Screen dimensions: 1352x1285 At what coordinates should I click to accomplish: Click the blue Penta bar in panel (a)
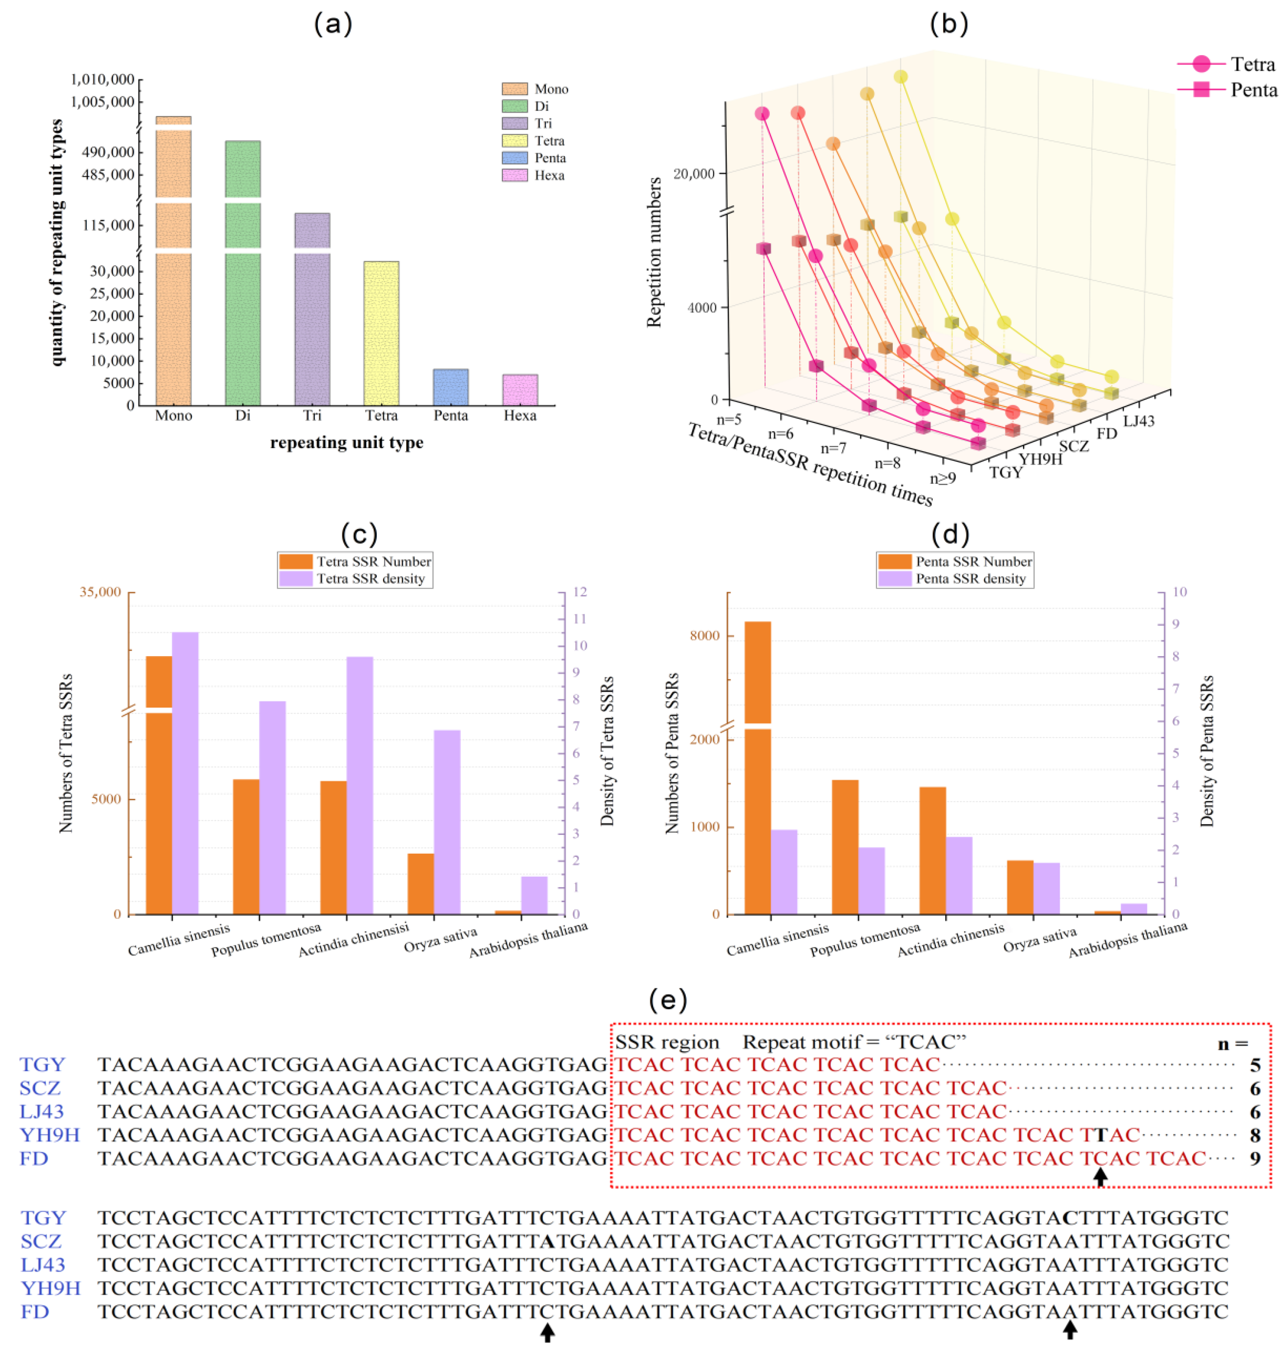coord(450,387)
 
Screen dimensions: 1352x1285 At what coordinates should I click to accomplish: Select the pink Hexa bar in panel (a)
coord(520,390)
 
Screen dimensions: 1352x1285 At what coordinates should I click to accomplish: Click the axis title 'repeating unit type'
coord(346,442)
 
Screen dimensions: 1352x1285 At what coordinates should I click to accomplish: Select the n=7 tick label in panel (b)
coord(834,448)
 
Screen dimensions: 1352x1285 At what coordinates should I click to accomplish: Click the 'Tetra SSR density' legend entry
coord(355,579)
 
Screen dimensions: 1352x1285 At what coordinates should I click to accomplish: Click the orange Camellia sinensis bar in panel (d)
coord(758,767)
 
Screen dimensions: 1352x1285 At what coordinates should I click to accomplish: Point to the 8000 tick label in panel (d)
coord(705,636)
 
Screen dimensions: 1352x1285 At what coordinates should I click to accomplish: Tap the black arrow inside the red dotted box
coord(1100,1177)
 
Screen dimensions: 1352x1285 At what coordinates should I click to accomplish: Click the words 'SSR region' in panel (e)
coord(667,1042)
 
